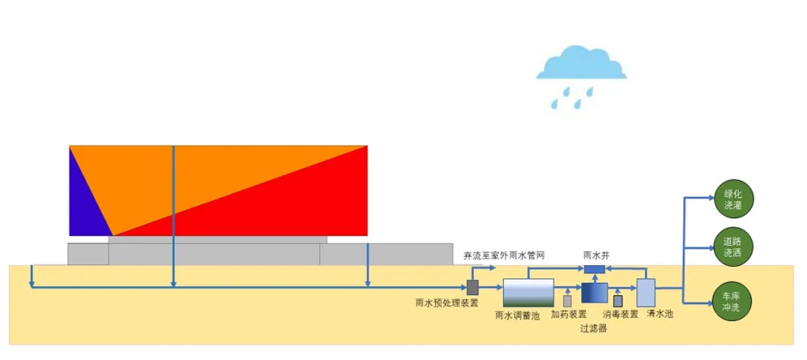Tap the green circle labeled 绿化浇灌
733,198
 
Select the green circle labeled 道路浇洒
733,246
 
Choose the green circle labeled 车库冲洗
733,301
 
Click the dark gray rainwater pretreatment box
472,287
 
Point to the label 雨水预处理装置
447,303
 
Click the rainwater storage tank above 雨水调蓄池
528,292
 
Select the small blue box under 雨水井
594,269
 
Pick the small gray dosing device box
568,300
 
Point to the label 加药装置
569,314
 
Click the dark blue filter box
593,293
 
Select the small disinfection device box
618,301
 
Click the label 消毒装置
620,314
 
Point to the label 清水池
660,314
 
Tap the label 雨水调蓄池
517,314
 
